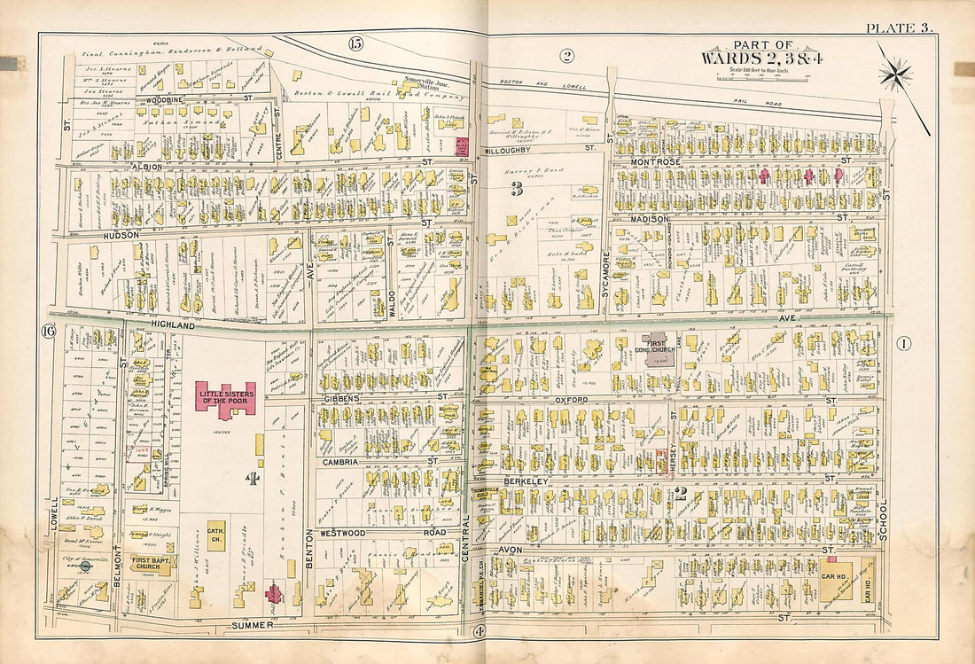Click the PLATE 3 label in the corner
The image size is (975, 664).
900,28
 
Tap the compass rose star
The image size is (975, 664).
896,73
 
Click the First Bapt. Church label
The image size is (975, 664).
152,564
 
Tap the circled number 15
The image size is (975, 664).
355,43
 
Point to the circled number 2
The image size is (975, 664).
566,57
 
